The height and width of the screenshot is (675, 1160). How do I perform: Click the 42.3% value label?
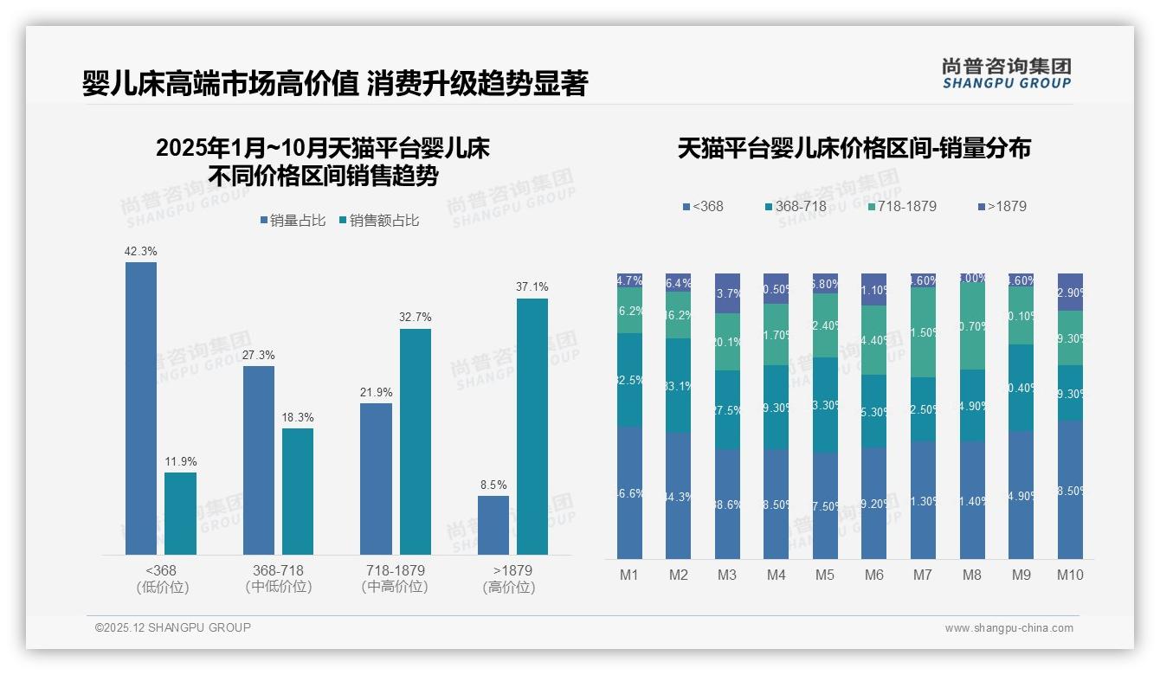point(140,251)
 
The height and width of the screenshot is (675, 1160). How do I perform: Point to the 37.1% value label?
point(532,287)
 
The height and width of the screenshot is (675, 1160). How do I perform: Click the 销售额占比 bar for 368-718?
point(298,492)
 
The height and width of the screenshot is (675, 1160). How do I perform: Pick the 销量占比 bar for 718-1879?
point(376,479)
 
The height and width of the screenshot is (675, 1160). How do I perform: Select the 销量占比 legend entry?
point(293,221)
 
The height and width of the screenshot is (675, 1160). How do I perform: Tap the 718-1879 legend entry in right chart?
point(902,206)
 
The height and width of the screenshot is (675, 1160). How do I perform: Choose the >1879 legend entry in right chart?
point(1002,206)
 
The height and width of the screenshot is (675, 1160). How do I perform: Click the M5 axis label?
point(825,575)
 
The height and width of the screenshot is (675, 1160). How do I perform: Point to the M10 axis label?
point(1070,575)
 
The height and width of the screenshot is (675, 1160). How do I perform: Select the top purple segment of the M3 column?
point(727,293)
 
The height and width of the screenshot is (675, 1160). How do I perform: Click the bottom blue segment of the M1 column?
point(629,493)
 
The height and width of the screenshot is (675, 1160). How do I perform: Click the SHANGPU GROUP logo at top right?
point(1007,74)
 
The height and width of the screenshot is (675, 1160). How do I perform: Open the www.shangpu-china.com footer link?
point(1009,628)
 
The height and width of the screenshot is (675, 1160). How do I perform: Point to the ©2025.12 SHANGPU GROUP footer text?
point(173,627)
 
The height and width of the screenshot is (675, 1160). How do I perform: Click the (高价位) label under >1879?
point(509,587)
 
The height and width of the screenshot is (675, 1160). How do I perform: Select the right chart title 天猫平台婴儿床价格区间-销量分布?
point(854,148)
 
